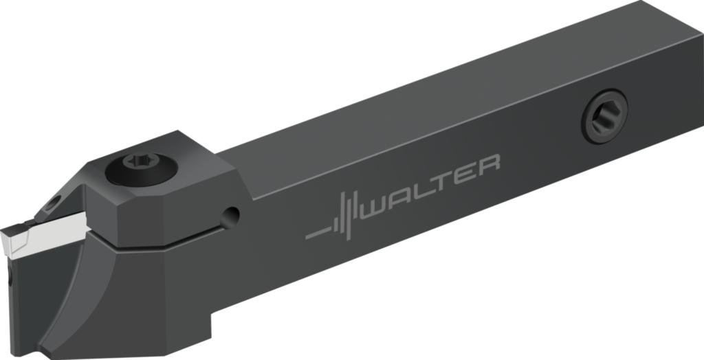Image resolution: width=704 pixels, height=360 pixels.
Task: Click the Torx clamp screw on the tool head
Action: pyautogui.click(x=142, y=169)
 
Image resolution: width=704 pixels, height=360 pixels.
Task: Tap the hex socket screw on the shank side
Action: pyautogui.click(x=604, y=116)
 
